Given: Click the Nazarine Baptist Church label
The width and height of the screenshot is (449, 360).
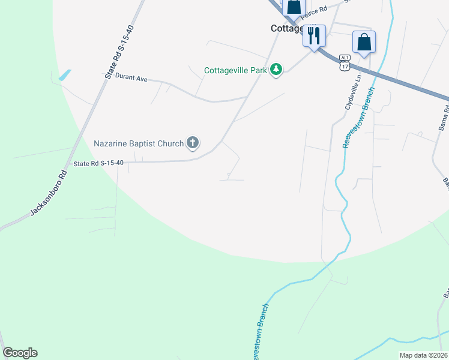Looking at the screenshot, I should click(x=139, y=143).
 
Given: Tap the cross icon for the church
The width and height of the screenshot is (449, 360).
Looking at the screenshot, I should click(x=193, y=143).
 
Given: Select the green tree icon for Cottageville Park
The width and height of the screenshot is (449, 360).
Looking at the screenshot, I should click(x=276, y=70).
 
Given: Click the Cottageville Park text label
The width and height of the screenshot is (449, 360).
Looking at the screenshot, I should click(x=235, y=70).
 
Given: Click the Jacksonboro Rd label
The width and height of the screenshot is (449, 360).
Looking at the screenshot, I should click(x=48, y=193).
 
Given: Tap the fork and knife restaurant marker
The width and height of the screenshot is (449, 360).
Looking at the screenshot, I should click(x=314, y=37).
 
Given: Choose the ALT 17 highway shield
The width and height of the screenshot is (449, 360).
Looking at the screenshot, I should click(x=344, y=62).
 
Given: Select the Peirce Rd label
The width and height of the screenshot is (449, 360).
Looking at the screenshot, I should click(x=315, y=10).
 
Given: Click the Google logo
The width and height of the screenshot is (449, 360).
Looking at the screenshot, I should click(x=20, y=353).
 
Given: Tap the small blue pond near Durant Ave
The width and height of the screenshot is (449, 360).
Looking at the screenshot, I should click(x=64, y=76).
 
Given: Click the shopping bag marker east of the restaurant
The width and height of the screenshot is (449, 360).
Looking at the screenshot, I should click(x=364, y=43).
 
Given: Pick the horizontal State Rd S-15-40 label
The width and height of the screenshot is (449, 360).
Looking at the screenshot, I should click(x=98, y=163).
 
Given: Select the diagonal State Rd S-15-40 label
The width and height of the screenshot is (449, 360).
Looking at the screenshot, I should click(x=118, y=57).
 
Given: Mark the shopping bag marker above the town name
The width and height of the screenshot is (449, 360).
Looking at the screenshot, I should click(x=294, y=7).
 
